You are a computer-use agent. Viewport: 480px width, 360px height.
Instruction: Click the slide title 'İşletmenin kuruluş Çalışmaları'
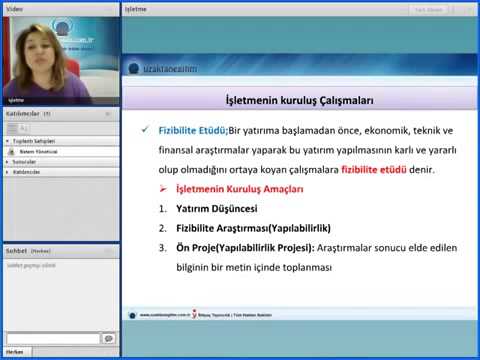(x=300, y=101)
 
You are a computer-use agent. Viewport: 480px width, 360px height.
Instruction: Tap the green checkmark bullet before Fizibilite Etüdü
(x=146, y=130)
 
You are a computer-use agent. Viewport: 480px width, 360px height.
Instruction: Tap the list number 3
(x=162, y=248)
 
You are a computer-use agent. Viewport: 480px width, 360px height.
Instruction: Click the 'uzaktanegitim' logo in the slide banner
(x=162, y=67)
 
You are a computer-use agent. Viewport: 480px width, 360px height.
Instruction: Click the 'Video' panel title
(x=17, y=8)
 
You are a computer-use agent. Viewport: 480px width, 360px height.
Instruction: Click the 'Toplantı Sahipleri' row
(x=34, y=141)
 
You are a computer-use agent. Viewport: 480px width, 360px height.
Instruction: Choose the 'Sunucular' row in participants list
(x=24, y=160)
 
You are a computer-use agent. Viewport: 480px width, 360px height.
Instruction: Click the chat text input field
(x=52, y=339)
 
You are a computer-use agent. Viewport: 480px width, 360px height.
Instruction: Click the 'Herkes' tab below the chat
(x=15, y=352)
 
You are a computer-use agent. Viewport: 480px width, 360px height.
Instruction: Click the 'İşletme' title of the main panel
(x=136, y=8)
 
